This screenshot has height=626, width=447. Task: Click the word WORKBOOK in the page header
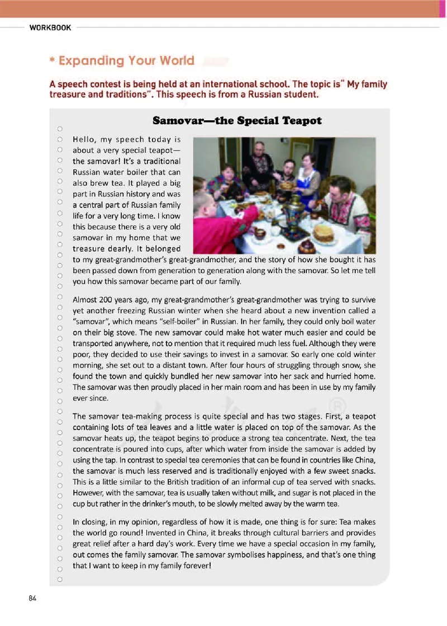point(50,27)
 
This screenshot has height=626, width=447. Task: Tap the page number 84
point(32,598)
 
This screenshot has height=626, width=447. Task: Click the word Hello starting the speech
point(85,139)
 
